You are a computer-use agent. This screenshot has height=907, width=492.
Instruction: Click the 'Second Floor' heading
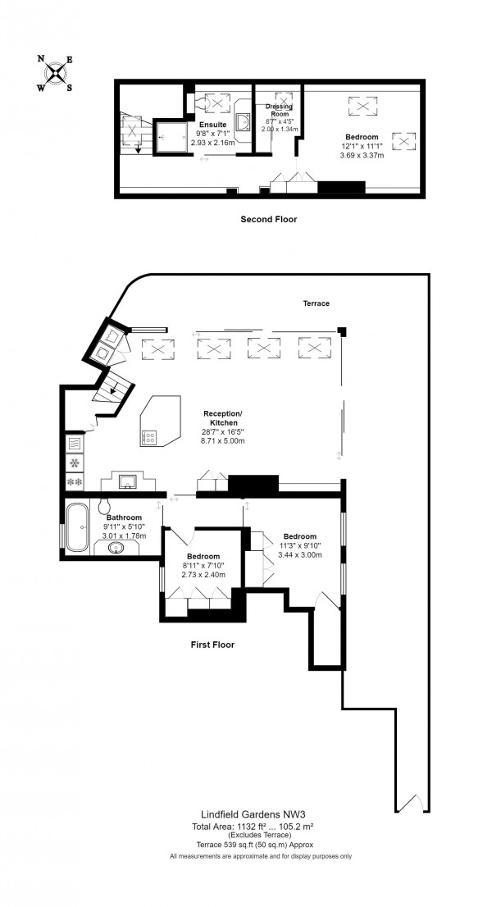coord(268,219)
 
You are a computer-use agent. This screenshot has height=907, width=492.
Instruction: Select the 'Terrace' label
coord(315,303)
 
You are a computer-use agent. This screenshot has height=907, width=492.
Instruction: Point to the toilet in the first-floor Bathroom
coord(105,504)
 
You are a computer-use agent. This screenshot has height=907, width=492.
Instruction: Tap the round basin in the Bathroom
coord(114,547)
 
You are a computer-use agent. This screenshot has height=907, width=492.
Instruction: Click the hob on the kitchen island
coord(149,437)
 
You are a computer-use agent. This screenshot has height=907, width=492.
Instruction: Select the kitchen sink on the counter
coord(128,482)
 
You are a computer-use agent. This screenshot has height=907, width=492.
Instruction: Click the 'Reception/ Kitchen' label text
coord(223,417)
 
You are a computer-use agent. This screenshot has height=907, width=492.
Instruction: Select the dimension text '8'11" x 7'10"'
coord(195,565)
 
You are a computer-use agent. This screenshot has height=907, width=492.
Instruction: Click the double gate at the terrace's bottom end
coord(411,803)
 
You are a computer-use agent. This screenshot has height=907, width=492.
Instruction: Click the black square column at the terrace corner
coord(342,331)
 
